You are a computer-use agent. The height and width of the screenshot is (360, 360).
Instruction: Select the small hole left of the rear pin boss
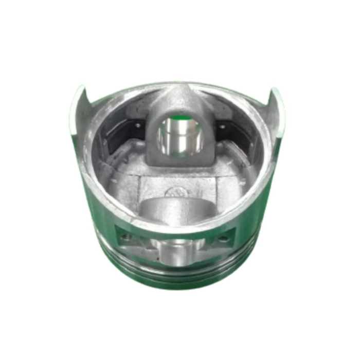[136, 125]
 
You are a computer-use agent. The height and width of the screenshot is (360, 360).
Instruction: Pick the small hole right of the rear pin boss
[222, 126]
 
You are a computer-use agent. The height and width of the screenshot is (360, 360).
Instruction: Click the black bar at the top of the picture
[180, 14]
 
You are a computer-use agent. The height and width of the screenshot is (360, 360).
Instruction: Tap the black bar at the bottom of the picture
[180, 345]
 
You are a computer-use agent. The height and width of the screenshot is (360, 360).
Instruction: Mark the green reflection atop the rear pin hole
[178, 120]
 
